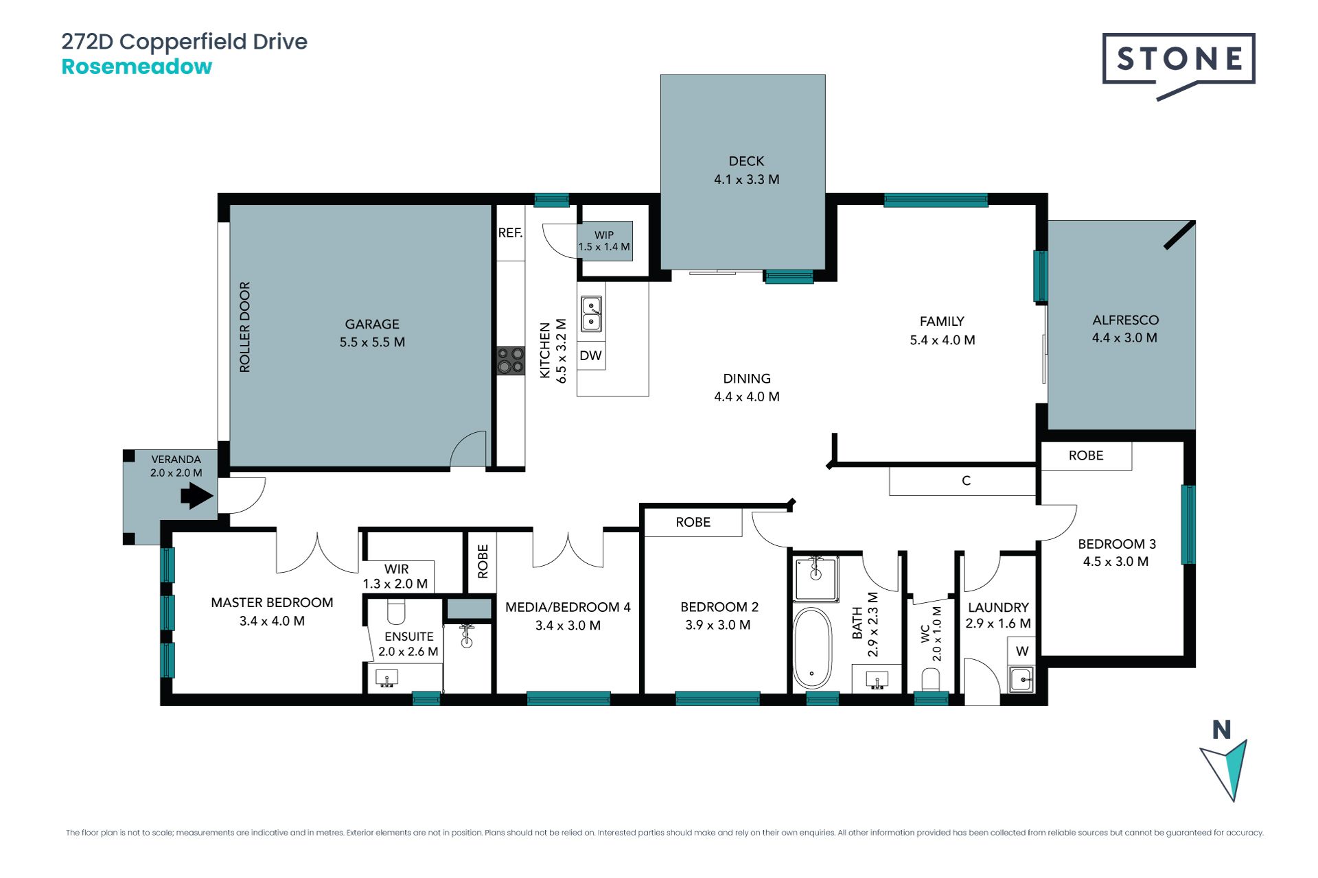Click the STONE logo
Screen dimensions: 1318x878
pos(1179,65)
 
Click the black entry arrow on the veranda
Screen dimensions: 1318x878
pos(197,496)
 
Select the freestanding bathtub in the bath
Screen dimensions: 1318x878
pos(812,648)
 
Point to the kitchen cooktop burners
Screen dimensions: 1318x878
pos(510,361)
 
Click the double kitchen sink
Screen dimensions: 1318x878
pos(592,314)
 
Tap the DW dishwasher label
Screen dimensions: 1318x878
pos(590,355)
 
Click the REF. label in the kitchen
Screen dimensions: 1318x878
pos(510,233)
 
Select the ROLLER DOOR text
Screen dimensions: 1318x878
pos(245,327)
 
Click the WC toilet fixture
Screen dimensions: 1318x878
pos(930,680)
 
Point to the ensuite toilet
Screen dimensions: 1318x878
pos(397,610)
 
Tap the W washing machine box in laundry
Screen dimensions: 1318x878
pos(1022,651)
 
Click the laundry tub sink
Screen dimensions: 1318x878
pos(1021,680)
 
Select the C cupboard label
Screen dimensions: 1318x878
pos(966,481)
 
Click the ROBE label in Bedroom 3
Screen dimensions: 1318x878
pos(1086,455)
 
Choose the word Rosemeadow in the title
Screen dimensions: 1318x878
pos(137,67)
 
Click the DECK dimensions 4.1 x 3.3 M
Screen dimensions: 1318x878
pos(747,180)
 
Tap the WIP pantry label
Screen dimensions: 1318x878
pos(604,235)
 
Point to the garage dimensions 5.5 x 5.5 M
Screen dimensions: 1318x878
pos(372,342)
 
